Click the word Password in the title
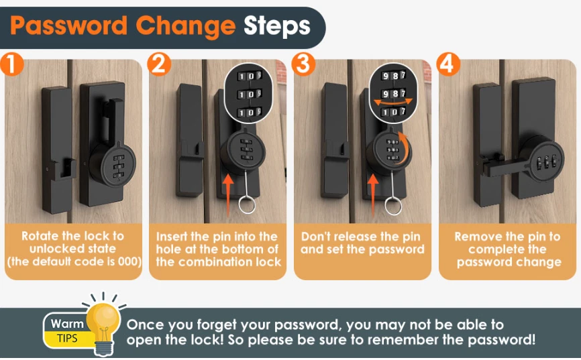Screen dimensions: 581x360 pyautogui.click(x=68, y=25)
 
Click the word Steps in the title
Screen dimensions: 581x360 pyautogui.click(x=277, y=27)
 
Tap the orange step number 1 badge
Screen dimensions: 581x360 pyautogui.click(x=11, y=64)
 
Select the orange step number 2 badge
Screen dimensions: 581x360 pyautogui.click(x=159, y=64)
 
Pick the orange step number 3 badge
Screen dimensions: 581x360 pyautogui.click(x=303, y=64)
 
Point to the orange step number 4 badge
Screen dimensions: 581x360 pyautogui.click(x=448, y=64)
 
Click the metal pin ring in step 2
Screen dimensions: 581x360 pyautogui.click(x=247, y=205)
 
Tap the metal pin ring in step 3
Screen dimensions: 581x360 pyautogui.click(x=393, y=206)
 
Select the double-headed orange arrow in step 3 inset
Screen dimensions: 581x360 pyautogui.click(x=392, y=101)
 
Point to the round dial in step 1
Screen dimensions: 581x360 pyautogui.click(x=115, y=164)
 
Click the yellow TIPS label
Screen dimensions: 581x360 pyautogui.click(x=67, y=338)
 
